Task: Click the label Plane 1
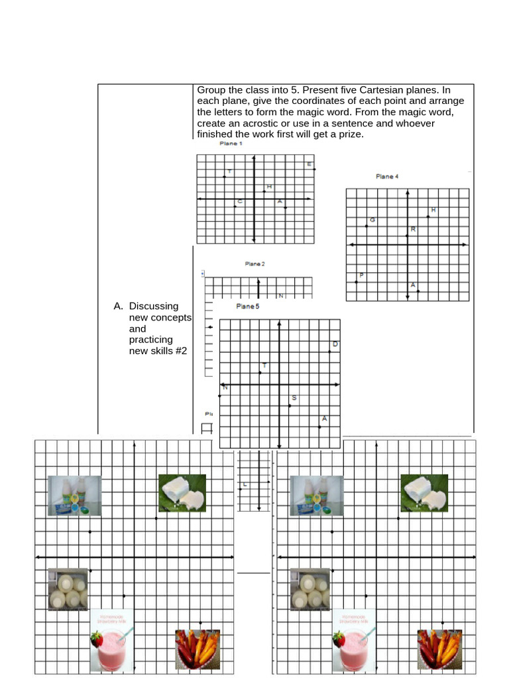[231, 144]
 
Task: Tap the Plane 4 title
[387, 177]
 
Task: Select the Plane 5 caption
[248, 307]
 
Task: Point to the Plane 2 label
[254, 264]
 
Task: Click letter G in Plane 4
[372, 220]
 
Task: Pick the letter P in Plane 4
[361, 275]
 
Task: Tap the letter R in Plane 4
[413, 229]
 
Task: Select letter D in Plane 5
[335, 344]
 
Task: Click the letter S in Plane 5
[294, 398]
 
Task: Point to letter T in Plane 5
[264, 365]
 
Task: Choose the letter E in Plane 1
[309, 164]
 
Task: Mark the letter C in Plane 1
[240, 201]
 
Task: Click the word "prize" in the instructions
[351, 134]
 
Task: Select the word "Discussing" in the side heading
[154, 306]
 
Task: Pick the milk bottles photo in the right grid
[317, 496]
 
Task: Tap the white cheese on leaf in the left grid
[182, 493]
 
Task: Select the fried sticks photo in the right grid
[439, 648]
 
